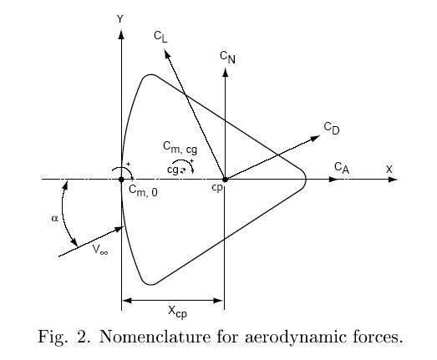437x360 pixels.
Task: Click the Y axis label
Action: click(120, 19)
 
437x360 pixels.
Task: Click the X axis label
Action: click(389, 169)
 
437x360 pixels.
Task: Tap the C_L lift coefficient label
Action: click(160, 37)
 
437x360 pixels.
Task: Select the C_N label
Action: click(227, 57)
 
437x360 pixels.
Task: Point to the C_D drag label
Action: click(332, 128)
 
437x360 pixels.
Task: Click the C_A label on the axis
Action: click(342, 168)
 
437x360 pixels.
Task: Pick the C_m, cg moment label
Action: click(180, 147)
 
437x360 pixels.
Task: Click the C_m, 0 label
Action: click(143, 191)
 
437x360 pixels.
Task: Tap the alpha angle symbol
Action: click(55, 219)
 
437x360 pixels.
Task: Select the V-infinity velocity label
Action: click(100, 249)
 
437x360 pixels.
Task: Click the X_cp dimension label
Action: click(177, 312)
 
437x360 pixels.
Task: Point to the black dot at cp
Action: click(226, 180)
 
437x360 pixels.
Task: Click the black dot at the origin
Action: click(121, 180)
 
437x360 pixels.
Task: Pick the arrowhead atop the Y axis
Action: click(121, 34)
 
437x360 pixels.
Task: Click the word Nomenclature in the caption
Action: click(155, 337)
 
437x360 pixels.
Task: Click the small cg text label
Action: click(173, 170)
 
